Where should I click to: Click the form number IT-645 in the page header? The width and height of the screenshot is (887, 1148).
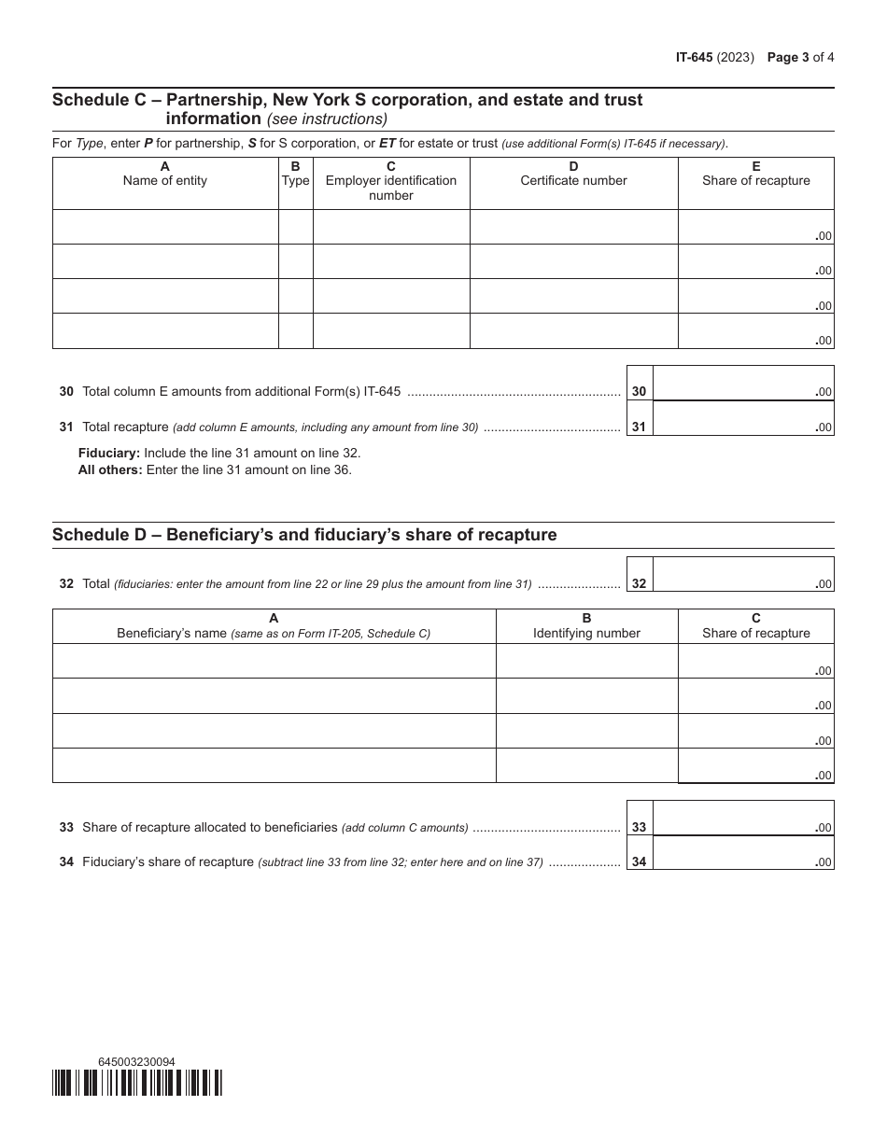point(694,57)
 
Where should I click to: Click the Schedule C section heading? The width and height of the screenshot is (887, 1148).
point(347,108)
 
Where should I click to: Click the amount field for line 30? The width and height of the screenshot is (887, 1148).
point(742,384)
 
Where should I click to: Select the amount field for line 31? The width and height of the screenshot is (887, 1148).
point(742,418)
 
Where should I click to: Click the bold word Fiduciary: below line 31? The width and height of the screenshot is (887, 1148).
point(109,453)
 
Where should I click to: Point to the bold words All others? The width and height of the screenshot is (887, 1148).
point(110,469)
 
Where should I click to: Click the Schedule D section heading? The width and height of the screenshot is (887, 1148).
point(304,535)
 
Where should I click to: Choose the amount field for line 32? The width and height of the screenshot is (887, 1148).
point(742,575)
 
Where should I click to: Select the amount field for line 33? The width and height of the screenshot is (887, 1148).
point(742,819)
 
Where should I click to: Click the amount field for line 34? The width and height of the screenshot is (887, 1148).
point(742,853)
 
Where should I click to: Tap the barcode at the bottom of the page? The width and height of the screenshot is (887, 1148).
point(137,1083)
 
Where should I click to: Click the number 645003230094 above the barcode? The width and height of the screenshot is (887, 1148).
point(136,1061)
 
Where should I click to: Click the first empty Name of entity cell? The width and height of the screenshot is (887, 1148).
point(165,227)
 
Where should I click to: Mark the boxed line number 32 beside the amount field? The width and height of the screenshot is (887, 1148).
point(639,584)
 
